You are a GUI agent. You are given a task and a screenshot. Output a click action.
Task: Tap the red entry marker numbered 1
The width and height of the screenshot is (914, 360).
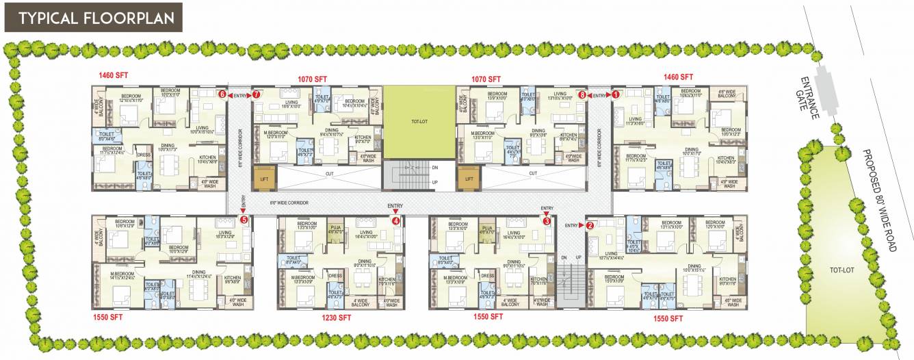[x=615, y=95]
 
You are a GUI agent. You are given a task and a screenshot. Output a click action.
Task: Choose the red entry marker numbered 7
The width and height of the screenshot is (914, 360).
[x=582, y=95]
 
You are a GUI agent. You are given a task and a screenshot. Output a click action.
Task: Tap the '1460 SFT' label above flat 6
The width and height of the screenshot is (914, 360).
[x=114, y=76]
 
